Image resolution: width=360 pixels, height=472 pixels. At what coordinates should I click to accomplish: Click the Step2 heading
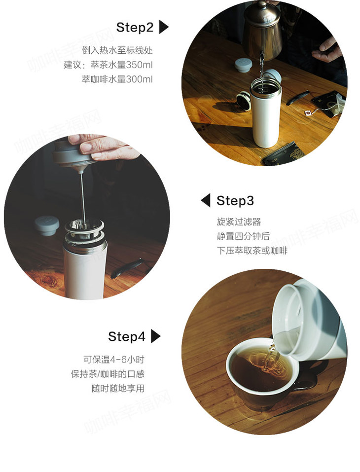[135, 28]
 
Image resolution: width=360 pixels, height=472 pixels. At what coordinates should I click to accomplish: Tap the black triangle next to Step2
[163, 27]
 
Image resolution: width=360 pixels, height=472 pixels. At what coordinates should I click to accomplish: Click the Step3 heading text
[235, 200]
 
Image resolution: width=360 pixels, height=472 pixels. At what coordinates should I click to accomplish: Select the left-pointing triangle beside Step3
[206, 200]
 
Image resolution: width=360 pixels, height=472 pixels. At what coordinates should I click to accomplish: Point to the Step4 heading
[127, 336]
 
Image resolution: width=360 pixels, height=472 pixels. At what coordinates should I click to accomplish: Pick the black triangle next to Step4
[156, 336]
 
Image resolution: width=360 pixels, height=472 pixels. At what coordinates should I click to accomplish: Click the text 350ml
[139, 65]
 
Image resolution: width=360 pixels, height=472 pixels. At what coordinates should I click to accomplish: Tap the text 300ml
[139, 79]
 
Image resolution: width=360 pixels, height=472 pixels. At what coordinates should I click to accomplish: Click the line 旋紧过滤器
[239, 222]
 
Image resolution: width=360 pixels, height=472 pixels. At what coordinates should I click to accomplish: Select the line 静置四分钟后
[243, 236]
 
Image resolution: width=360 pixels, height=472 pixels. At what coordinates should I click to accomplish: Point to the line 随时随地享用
[118, 388]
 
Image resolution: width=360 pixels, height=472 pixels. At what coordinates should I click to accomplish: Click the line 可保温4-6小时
[114, 360]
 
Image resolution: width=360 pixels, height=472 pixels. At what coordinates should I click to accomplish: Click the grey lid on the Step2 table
[243, 65]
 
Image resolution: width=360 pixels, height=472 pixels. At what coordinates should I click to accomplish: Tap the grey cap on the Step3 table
[47, 225]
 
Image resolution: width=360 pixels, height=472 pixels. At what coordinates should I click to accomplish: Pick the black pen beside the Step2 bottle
[297, 98]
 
